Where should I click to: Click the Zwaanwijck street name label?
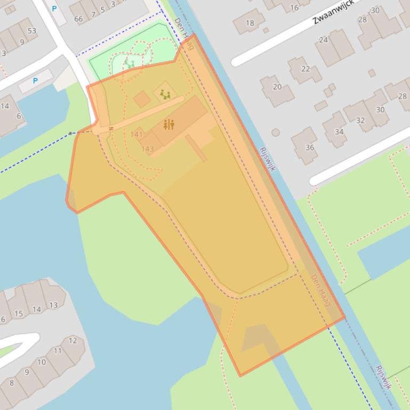(x=333, y=12)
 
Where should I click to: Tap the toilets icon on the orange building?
(x=169, y=125)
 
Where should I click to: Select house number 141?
(x=136, y=134)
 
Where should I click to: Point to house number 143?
(x=148, y=149)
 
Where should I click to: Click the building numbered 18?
(x=250, y=23)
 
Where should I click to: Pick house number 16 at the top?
(x=294, y=7)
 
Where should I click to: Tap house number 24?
(x=324, y=40)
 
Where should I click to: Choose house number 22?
(x=306, y=69)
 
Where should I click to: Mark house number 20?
(x=277, y=87)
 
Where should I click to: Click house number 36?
(x=310, y=147)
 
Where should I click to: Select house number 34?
(x=339, y=132)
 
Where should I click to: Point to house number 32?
(x=360, y=120)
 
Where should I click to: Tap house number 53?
(x=32, y=31)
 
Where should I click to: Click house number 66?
(x=78, y=19)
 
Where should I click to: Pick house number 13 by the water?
(x=53, y=305)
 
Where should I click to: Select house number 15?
(x=19, y=314)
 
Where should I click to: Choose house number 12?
(x=73, y=340)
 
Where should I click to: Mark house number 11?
(x=58, y=351)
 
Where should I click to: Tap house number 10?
(x=42, y=362)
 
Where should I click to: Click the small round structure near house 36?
(x=276, y=133)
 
